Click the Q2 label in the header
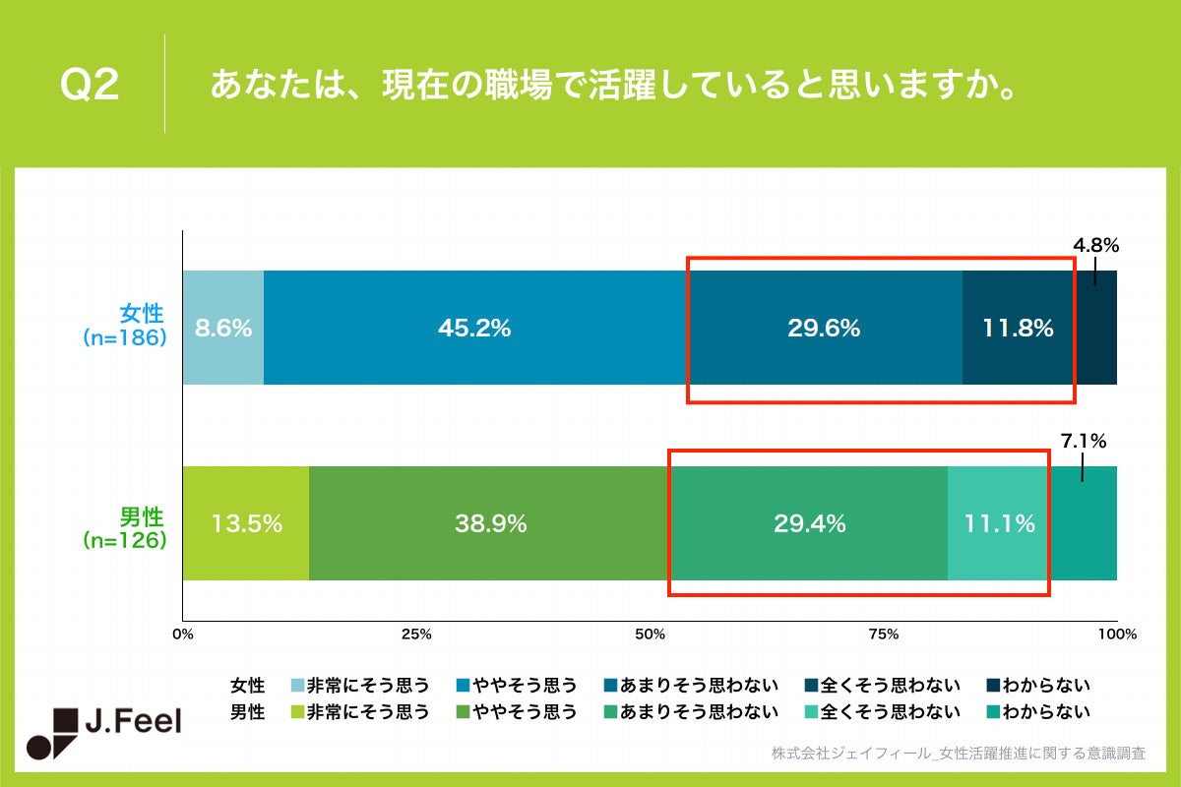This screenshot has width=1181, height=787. click(90, 85)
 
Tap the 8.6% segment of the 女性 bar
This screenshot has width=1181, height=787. click(223, 329)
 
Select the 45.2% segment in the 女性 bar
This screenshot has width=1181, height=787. click(474, 329)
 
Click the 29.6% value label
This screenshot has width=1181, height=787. click(824, 329)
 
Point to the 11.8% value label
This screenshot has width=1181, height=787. click(1018, 329)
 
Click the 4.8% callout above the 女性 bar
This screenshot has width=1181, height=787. click(1095, 245)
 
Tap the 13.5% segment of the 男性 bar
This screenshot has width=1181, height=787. click(247, 524)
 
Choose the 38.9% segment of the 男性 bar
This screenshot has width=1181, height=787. click(490, 524)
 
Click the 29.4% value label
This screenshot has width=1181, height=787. click(809, 524)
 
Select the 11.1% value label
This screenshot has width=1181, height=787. click(999, 524)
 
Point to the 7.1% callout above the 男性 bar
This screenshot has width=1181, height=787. click(1084, 440)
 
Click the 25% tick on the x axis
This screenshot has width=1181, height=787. click(417, 635)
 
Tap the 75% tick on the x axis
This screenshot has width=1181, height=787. click(884, 635)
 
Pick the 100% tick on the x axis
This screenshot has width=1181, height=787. click(1117, 635)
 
